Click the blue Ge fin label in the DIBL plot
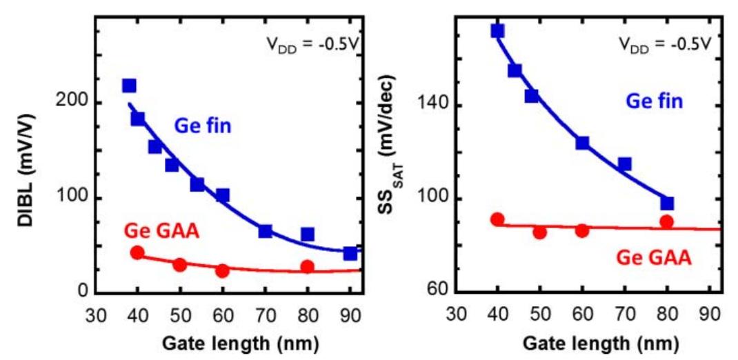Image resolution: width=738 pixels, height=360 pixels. click(x=201, y=127)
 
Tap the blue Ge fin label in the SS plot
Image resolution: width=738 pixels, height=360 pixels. click(x=655, y=101)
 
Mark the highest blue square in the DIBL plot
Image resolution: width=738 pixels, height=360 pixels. click(x=129, y=86)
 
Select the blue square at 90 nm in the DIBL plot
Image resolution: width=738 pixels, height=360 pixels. click(x=350, y=254)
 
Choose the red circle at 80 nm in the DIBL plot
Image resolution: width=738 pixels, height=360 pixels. click(x=308, y=267)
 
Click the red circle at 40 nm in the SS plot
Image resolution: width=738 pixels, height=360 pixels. click(x=497, y=219)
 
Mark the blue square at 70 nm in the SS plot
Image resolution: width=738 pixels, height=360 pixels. click(x=624, y=164)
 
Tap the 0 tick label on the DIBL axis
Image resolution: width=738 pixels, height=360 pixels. click(x=83, y=293)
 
